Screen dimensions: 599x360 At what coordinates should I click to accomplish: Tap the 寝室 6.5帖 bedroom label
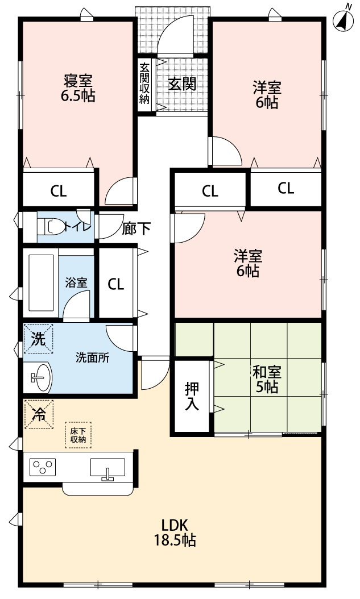click(78, 88)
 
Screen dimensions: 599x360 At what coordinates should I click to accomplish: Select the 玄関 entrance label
click(182, 84)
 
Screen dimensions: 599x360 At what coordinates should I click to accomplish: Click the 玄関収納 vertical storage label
click(144, 83)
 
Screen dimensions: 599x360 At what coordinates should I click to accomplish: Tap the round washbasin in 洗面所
click(39, 376)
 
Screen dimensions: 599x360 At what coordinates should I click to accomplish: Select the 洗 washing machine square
click(38, 339)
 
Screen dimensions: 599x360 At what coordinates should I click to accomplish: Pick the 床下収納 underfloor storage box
click(78, 435)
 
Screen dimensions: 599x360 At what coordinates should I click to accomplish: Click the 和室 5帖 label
click(266, 380)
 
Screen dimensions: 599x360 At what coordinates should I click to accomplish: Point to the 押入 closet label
click(192, 397)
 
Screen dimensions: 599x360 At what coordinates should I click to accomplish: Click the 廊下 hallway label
click(136, 229)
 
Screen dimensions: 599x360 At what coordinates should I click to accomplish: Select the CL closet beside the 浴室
click(116, 284)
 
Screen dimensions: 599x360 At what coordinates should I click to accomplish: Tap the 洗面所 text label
click(93, 358)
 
